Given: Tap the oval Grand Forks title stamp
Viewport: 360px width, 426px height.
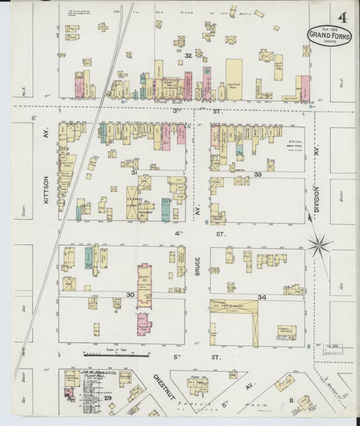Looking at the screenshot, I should pyautogui.click(x=329, y=35).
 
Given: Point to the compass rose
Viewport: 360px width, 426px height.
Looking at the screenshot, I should pyautogui.click(x=319, y=244).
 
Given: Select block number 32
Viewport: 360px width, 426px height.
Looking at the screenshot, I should pyautogui.click(x=188, y=55).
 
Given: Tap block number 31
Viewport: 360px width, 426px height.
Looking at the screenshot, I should pyautogui.click(x=134, y=173).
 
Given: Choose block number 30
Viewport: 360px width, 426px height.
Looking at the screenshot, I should pyautogui.click(x=130, y=294).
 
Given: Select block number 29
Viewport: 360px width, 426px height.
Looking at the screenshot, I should pyautogui.click(x=108, y=399).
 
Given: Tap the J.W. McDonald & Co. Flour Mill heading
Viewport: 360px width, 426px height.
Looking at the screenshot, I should pyautogui.click(x=88, y=376).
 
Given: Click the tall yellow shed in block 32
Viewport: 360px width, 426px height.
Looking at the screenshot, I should pyautogui.click(x=234, y=80).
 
